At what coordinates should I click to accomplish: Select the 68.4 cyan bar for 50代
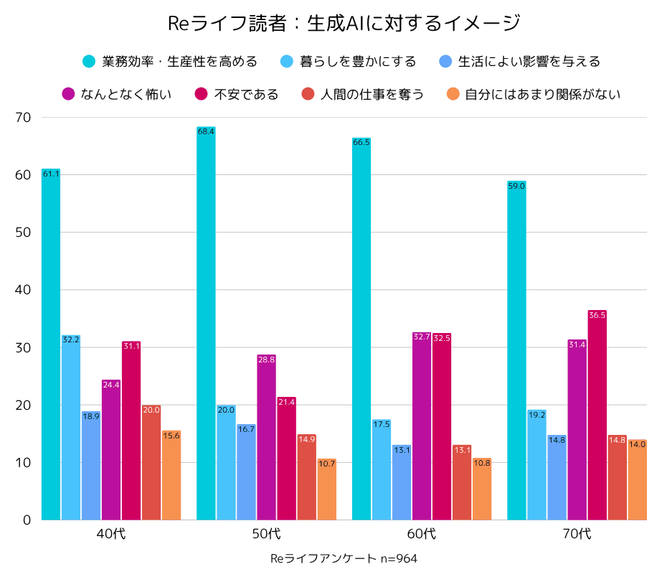(x=206, y=323)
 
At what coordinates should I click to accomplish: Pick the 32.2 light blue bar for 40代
(x=70, y=427)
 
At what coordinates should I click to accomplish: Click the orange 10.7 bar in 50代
(x=326, y=489)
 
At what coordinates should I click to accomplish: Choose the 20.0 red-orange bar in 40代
(x=151, y=462)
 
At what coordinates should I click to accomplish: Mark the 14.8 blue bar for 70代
(x=557, y=477)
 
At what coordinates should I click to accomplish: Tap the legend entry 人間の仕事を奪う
(x=372, y=94)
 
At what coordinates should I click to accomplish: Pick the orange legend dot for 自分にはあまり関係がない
(x=453, y=94)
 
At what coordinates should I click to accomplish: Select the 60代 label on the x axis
(x=422, y=533)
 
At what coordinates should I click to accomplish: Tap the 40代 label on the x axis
(x=111, y=533)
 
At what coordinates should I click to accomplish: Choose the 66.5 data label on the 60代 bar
(x=361, y=142)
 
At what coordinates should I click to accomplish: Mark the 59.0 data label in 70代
(x=516, y=186)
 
